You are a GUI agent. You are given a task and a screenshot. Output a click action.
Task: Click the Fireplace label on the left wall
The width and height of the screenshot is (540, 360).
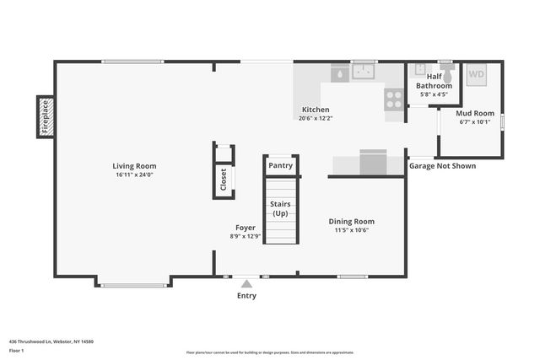coord(46,117)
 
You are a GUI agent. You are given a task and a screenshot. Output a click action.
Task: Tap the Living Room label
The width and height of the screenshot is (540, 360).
coord(135,166)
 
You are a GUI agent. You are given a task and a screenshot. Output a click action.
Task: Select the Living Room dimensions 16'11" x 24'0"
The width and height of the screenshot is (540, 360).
coord(135,175)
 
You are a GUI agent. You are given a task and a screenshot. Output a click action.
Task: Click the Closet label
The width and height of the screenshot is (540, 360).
coord(224,180)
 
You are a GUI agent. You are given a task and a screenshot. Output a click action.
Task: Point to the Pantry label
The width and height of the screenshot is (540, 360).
coord(280,165)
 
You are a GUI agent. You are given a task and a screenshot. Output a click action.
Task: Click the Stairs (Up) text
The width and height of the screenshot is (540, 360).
coord(280,209)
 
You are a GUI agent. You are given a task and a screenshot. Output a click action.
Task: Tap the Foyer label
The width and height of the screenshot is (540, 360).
coord(245,228)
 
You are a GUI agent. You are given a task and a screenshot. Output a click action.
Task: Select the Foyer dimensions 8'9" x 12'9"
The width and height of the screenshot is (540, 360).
coord(245,236)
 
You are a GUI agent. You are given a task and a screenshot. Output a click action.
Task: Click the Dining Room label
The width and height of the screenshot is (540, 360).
coord(351,221)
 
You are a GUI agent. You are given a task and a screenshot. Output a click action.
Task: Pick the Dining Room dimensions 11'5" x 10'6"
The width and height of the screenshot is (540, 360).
coord(351,229)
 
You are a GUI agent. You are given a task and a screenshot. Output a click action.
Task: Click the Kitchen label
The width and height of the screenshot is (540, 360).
coord(316,110)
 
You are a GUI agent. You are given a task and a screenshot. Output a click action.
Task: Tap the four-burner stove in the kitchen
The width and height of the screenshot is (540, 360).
coord(394,99)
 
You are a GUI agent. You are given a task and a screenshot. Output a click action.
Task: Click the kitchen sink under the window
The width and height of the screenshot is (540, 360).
coord(364,73)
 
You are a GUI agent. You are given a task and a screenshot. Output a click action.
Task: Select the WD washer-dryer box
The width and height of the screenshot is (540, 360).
coord(477,74)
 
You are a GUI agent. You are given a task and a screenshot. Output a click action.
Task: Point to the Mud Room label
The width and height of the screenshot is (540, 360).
coord(475,113)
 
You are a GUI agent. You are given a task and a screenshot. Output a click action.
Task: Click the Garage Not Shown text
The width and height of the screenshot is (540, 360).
coord(442,166)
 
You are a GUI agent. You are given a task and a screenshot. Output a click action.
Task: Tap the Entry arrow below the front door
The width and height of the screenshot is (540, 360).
coord(246,284)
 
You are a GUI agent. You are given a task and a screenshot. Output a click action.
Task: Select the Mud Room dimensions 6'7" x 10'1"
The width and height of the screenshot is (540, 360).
coord(475,121)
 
